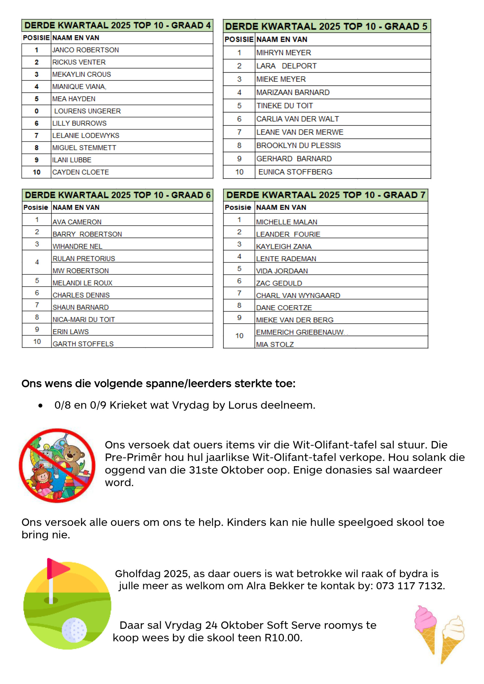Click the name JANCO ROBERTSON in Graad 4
tap(85, 50)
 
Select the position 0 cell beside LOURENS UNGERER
tap(36, 111)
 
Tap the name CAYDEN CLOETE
tap(80, 172)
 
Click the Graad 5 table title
tap(326, 26)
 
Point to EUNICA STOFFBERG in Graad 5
tap(295, 172)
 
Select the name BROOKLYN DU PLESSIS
tap(298, 145)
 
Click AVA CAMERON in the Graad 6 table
tap(77, 222)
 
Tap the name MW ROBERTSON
tap(80, 271)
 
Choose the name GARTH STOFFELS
tap(83, 344)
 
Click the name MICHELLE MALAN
tap(286, 222)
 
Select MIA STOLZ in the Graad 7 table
tap(275, 344)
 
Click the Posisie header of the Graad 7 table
tap(238, 207)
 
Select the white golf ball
tap(74, 629)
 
